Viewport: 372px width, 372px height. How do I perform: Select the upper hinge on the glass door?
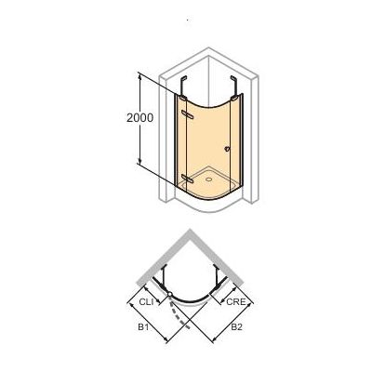click(190, 113)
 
